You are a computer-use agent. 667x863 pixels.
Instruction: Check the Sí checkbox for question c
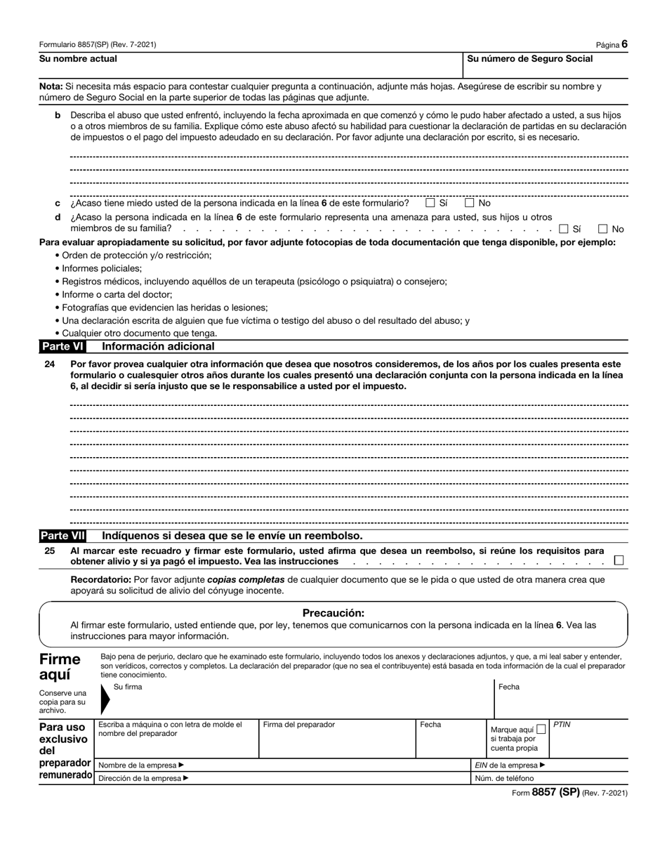click(430, 203)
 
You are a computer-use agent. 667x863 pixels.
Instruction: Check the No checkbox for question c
click(470, 203)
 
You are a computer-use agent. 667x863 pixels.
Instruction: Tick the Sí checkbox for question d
click(564, 228)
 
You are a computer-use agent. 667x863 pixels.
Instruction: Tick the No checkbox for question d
click(603, 228)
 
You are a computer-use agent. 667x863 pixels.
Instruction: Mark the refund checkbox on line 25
click(619, 560)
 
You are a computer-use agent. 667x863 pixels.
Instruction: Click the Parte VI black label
click(62, 346)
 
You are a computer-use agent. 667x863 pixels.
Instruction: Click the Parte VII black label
click(62, 536)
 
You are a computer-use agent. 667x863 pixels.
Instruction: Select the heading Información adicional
click(158, 346)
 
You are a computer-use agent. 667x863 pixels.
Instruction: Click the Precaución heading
click(333, 612)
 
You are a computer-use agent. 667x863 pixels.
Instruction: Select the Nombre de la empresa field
click(281, 765)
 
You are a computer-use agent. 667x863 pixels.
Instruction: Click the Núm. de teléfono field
click(550, 778)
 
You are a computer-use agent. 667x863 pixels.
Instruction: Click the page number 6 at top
click(624, 44)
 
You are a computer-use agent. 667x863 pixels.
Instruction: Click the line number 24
click(50, 364)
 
